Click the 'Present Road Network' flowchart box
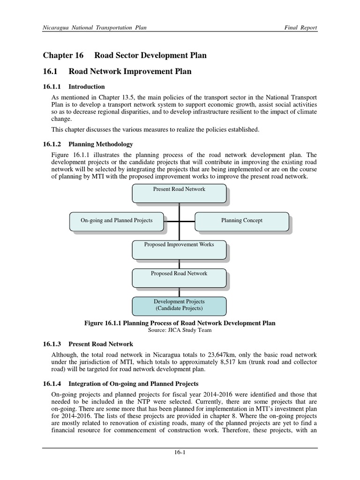(179, 194)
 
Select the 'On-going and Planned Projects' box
(117, 221)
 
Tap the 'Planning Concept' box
(241, 221)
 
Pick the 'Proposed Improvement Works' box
(179, 249)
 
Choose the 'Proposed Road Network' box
(179, 277)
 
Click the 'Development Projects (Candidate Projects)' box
(179, 305)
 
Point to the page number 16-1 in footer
(180, 452)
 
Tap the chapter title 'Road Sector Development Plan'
(150, 55)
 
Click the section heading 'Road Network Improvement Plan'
(130, 71)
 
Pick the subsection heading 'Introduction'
(87, 87)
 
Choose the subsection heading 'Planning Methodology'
(101, 144)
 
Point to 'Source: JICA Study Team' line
(180, 330)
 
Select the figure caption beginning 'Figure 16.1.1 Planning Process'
(180, 323)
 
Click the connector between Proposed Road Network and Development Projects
(179, 292)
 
